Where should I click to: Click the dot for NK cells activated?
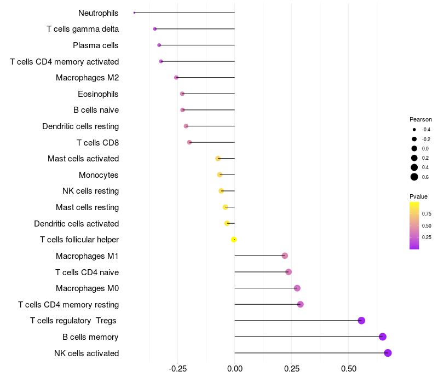click(388, 353)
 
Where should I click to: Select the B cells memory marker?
click(383, 336)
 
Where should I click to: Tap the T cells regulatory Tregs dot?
click(361, 321)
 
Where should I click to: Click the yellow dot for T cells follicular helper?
click(234, 240)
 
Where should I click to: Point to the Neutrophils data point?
click(134, 13)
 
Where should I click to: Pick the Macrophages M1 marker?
click(285, 256)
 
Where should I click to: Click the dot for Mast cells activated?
click(218, 159)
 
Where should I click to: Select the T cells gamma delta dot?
click(155, 28)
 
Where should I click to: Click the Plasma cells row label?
click(96, 45)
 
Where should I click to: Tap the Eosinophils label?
click(98, 94)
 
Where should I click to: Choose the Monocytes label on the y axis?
click(99, 175)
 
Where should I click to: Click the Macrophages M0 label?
click(87, 288)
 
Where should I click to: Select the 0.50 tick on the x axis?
click(348, 369)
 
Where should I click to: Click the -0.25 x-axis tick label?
click(177, 369)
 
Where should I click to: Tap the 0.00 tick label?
click(234, 369)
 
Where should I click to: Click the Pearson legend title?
click(420, 119)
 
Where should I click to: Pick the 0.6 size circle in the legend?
click(414, 177)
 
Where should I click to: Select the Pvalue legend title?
click(418, 196)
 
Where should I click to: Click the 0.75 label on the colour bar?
click(427, 213)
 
